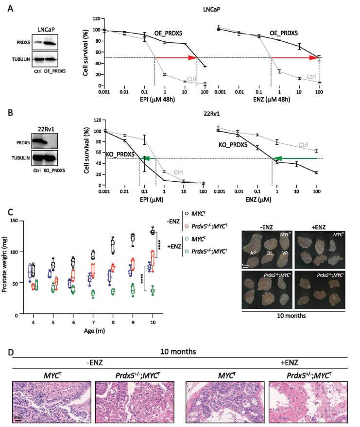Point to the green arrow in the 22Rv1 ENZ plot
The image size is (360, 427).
pos(294,158)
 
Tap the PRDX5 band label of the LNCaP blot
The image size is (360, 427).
pos(20,42)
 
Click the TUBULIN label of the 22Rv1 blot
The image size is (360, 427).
pos(19,158)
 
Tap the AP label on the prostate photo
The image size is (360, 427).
pos(253,254)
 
